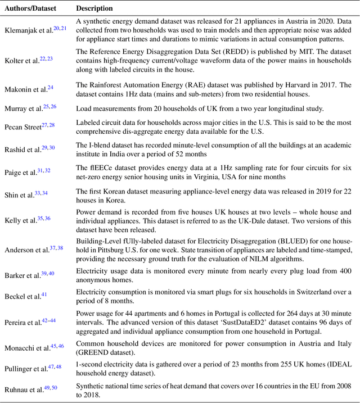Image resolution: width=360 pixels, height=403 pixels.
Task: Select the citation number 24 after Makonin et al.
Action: pos(51,88)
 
